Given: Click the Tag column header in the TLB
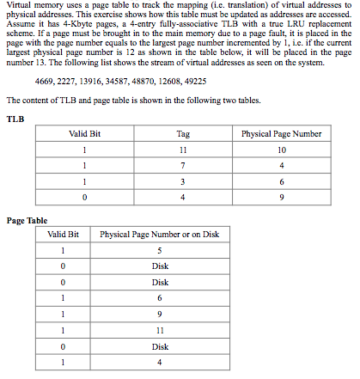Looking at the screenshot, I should [x=182, y=134].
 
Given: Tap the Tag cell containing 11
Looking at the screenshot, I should [x=182, y=150].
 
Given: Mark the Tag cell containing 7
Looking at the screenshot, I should [x=182, y=165].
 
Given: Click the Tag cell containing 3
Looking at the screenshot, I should [x=182, y=180].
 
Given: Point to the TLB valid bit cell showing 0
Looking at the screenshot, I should [x=84, y=196].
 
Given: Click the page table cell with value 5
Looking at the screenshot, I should [x=159, y=250].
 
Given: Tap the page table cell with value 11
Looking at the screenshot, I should [x=159, y=330].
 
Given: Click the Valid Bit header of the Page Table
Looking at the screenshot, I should [x=64, y=234].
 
